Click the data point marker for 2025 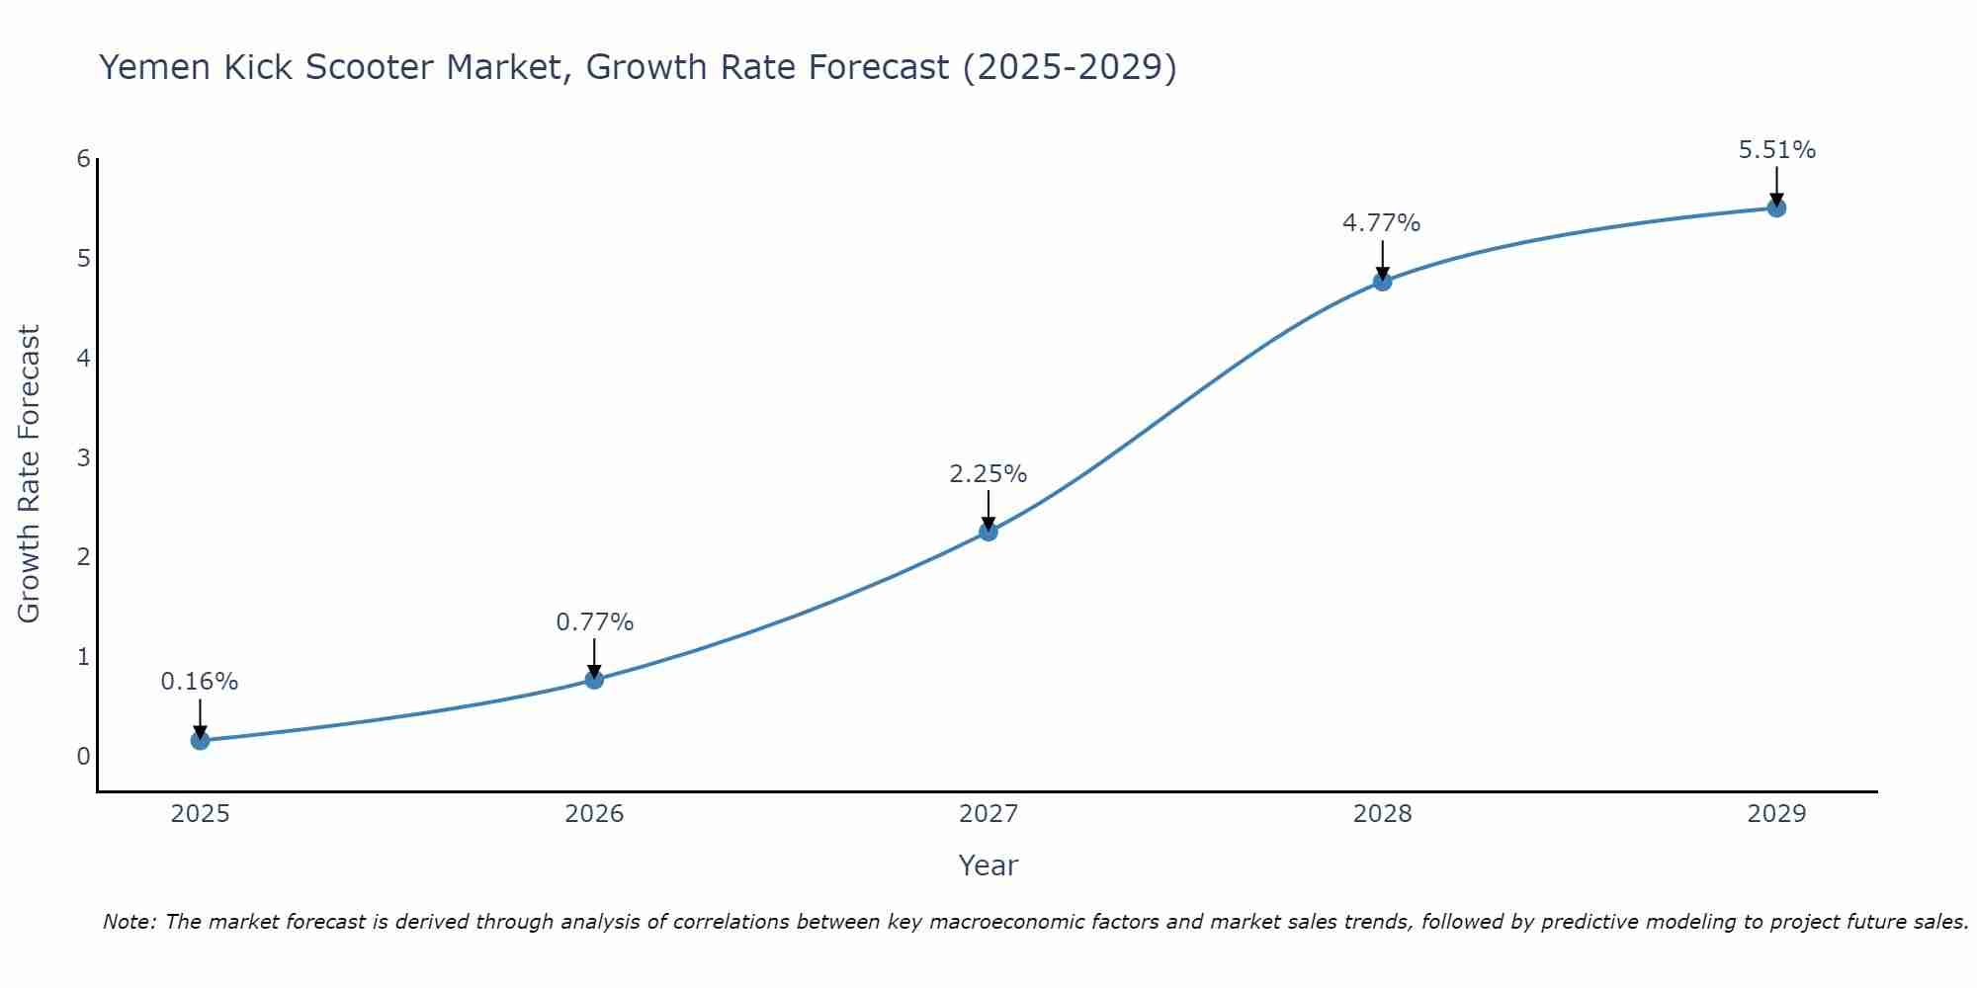[200, 740]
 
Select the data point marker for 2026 [594, 680]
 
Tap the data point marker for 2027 [988, 532]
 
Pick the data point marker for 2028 [1382, 282]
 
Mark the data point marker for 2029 [1776, 207]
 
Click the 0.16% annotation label [200, 682]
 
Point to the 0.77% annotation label [594, 622]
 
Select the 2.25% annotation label [988, 474]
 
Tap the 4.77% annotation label [1381, 223]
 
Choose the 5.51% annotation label [1776, 150]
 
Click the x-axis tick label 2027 [988, 814]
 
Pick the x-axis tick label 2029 [1776, 814]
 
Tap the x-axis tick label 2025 [200, 814]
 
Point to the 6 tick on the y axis [83, 159]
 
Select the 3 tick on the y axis [83, 457]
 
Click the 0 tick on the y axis [83, 756]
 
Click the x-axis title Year [988, 865]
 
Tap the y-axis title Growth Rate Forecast [30, 474]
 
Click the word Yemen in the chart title [155, 67]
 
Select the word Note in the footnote [129, 922]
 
